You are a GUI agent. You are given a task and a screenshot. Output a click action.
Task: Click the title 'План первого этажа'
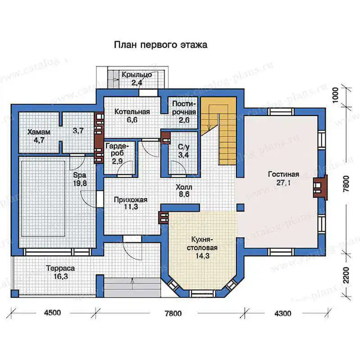click(x=161, y=45)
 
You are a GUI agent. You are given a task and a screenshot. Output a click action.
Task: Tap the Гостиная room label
click(x=283, y=174)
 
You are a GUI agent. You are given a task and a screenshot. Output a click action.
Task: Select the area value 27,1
click(x=283, y=183)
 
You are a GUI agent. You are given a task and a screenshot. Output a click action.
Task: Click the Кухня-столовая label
click(x=202, y=244)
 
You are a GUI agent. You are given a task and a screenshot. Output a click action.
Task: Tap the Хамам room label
click(x=39, y=132)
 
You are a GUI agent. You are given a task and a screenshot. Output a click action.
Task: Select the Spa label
click(x=80, y=175)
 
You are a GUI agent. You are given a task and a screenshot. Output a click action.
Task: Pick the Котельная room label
click(x=132, y=112)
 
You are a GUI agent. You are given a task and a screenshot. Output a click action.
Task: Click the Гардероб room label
click(x=117, y=149)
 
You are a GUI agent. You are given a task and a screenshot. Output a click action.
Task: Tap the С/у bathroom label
click(x=184, y=147)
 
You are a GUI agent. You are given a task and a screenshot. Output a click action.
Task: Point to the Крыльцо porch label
click(x=137, y=75)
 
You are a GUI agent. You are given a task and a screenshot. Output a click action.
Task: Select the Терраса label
click(x=60, y=268)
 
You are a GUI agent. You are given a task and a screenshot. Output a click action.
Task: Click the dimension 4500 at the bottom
click(x=53, y=312)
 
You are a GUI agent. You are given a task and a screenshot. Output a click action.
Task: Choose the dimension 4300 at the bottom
click(x=283, y=313)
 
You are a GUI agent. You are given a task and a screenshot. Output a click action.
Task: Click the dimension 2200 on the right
click(x=346, y=275)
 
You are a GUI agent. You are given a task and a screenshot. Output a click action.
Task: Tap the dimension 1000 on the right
click(x=335, y=95)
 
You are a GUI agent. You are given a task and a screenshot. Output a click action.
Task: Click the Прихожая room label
click(x=130, y=200)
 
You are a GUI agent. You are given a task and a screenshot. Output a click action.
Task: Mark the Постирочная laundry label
click(x=184, y=108)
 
